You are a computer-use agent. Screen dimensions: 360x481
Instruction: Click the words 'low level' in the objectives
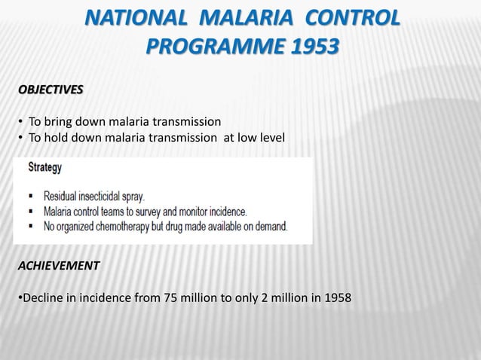coord(262,137)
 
